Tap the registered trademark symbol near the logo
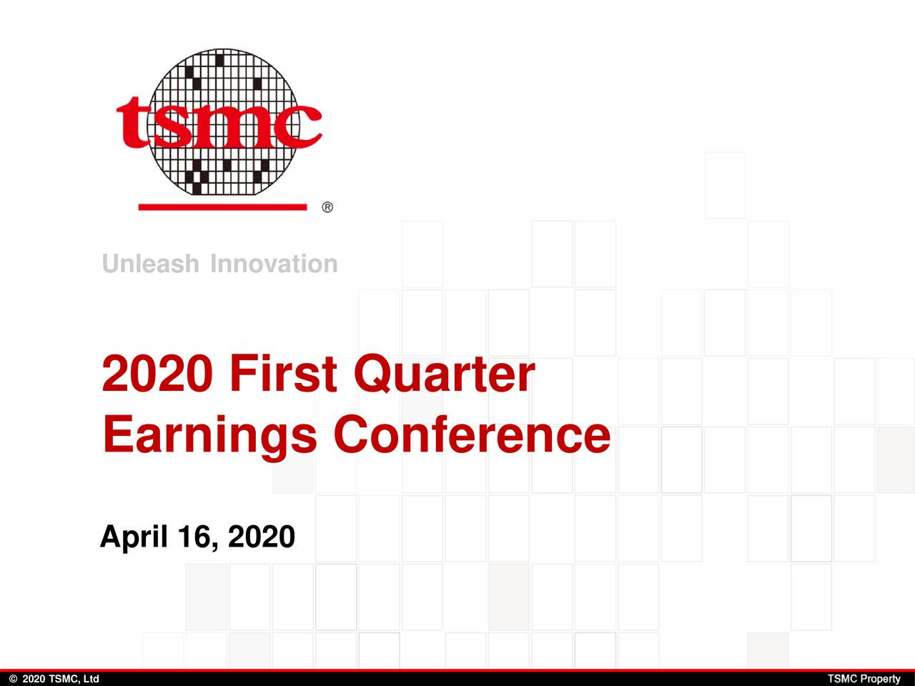(327, 208)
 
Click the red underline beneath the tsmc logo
(222, 207)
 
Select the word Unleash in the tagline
(150, 264)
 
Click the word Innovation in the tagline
(274, 264)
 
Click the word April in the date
(133, 536)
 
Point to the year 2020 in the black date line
(261, 536)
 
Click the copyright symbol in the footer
(13, 679)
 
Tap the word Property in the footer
(880, 679)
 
